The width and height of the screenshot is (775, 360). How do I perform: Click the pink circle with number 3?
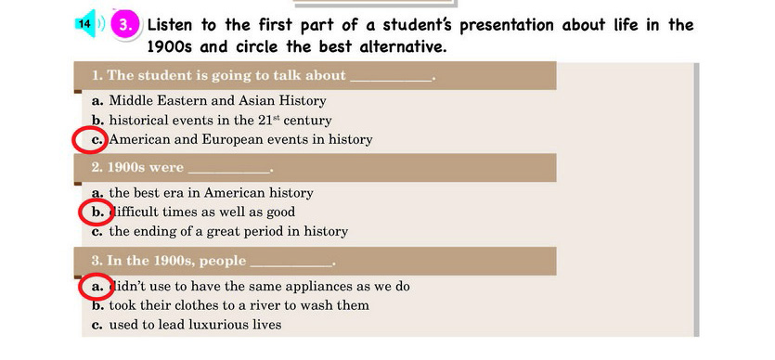coord(125,25)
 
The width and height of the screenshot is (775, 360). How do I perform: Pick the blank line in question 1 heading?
coord(391,81)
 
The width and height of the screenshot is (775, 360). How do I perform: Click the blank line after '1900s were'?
coord(229,173)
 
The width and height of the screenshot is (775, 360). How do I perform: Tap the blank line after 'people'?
coord(291,265)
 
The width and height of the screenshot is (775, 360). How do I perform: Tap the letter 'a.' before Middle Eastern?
coord(97,101)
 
